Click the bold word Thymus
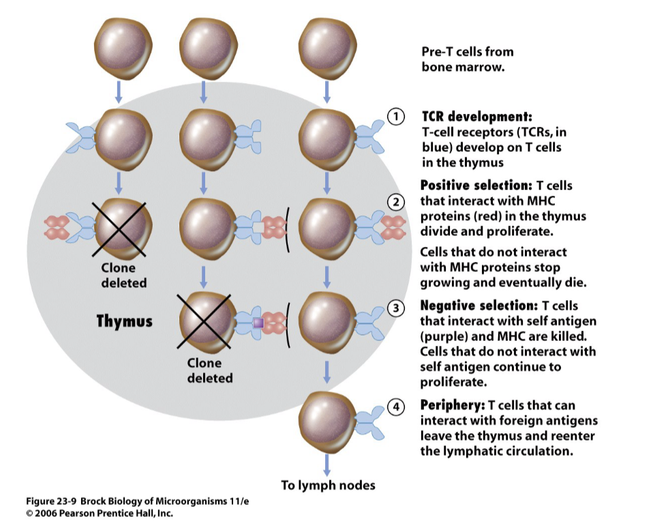pos(124,321)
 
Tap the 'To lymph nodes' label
pos(328,486)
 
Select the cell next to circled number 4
pos(326,418)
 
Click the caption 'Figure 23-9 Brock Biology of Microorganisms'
pos(136,502)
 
